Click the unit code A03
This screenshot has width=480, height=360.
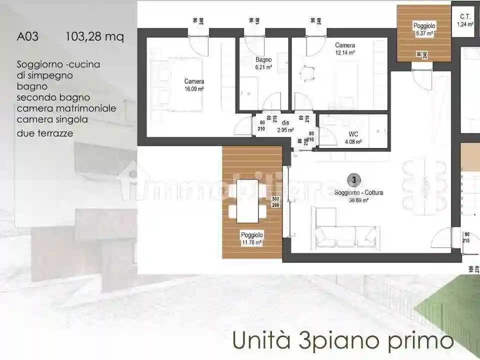pyautogui.click(x=27, y=36)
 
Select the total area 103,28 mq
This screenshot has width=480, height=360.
pyautogui.click(x=94, y=36)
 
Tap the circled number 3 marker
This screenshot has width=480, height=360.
pyautogui.click(x=353, y=179)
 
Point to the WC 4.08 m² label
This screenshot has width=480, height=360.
pyautogui.click(x=353, y=138)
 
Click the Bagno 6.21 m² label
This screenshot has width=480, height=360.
pyautogui.click(x=263, y=63)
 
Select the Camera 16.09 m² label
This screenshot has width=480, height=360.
pyautogui.click(x=194, y=85)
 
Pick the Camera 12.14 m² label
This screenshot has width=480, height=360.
pyautogui.click(x=345, y=48)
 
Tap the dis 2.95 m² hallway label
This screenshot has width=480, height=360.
pyautogui.click(x=285, y=126)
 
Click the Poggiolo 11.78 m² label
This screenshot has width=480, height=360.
pyautogui.click(x=251, y=238)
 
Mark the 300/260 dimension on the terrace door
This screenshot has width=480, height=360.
pyautogui.click(x=275, y=201)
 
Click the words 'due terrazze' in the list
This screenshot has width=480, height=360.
pyautogui.click(x=45, y=133)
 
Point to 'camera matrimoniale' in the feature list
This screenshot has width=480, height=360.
pyautogui.click(x=66, y=108)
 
